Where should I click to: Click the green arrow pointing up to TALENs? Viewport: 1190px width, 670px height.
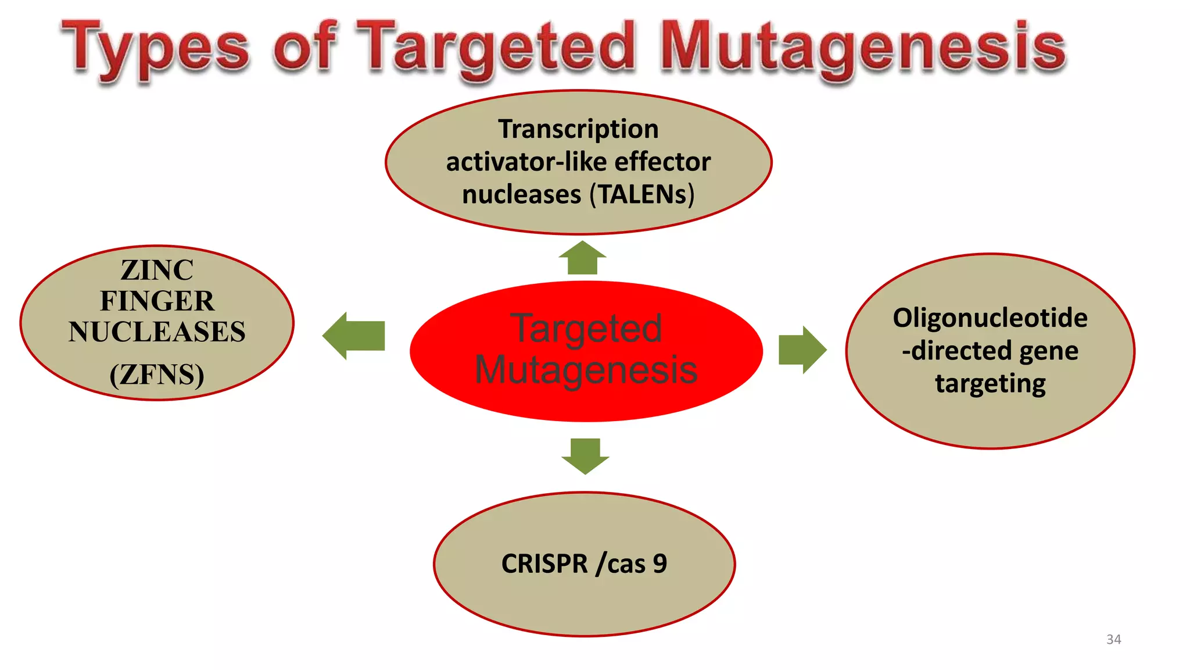[582, 258]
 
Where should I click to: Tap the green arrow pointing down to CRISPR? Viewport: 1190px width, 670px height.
[585, 455]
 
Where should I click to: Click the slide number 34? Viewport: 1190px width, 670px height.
[1113, 639]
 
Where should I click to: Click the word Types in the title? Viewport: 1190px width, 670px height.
[156, 49]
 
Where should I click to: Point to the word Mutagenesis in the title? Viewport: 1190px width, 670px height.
[863, 49]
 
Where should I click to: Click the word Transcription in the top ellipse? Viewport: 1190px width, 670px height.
[578, 129]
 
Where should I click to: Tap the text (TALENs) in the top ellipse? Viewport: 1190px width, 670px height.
[642, 194]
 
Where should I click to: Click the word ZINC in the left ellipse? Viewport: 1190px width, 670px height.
[157, 270]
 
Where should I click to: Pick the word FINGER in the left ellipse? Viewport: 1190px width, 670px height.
[157, 301]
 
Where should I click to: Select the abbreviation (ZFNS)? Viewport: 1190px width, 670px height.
[157, 375]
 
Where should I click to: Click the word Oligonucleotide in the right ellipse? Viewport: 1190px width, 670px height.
[990, 318]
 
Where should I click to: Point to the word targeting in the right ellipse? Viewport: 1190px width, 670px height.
[990, 384]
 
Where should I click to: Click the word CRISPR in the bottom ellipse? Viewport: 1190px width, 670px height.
[544, 564]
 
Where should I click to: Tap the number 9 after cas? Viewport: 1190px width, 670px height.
[659, 564]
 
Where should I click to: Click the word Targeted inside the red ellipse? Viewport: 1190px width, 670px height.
[586, 329]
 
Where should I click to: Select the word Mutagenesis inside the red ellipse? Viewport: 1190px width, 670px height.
[586, 370]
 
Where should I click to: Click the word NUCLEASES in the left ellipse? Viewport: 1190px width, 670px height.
[157, 332]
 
